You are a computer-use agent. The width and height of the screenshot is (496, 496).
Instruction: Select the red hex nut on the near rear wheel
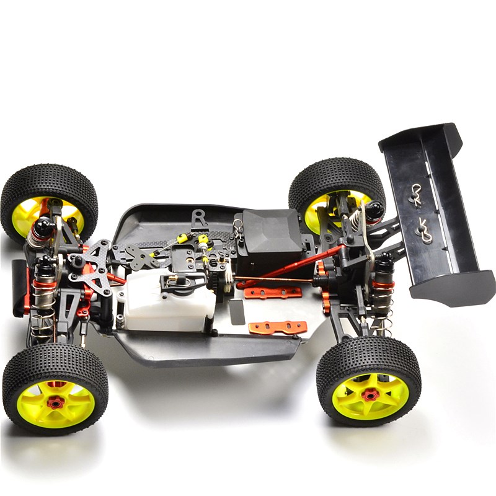[x=370, y=395]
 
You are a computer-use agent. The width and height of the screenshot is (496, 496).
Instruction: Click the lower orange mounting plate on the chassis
[x=278, y=327]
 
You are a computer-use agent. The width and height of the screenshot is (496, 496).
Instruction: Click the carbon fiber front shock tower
[x=94, y=267]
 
